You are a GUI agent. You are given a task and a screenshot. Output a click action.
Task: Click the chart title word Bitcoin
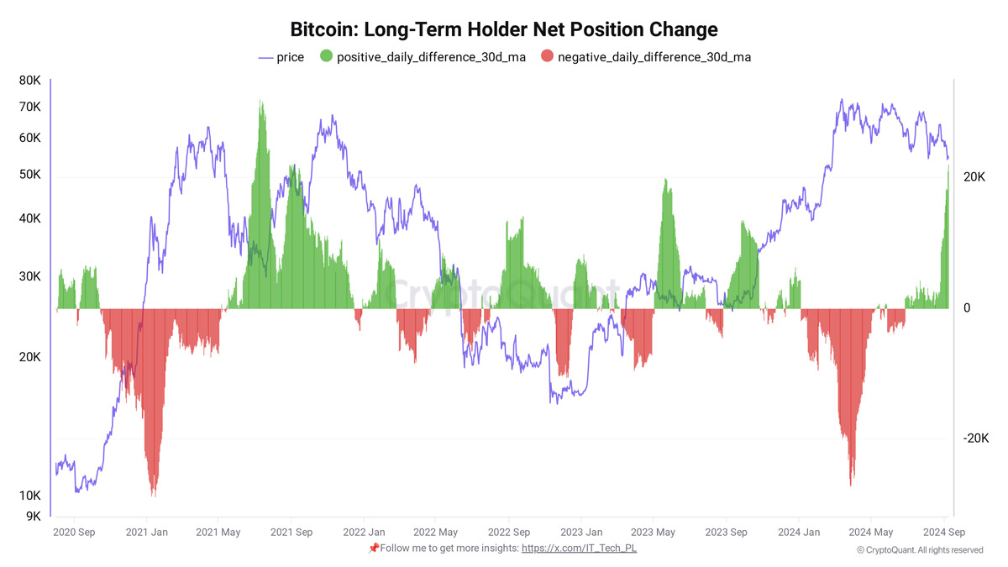pos(323,29)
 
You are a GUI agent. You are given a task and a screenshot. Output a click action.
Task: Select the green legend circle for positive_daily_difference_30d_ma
pos(325,57)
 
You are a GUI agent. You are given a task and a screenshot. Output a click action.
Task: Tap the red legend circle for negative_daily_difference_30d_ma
pos(547,57)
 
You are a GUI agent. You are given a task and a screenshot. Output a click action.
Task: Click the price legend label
pos(290,57)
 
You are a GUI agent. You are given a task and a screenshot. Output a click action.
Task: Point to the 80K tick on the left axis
pos(30,81)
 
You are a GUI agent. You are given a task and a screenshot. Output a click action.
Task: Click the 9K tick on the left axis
pos(33,517)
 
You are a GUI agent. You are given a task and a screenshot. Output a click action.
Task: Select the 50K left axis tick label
pos(30,175)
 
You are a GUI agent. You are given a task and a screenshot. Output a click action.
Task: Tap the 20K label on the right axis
pos(974,177)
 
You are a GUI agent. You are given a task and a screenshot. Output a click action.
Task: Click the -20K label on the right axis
pos(977,438)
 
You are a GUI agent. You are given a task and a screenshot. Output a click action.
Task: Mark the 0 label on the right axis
pos(967,308)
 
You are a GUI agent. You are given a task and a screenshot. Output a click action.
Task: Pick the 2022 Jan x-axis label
pos(364,532)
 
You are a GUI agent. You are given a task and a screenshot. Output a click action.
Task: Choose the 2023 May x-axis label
pos(653,532)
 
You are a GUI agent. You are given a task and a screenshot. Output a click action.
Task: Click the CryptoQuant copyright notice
pos(920,549)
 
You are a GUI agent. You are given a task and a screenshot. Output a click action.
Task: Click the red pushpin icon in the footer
pos(374,548)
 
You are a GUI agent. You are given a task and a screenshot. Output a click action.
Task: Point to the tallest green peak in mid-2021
pos(261,105)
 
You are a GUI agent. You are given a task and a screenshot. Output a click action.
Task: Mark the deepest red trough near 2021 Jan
pos(153,491)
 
